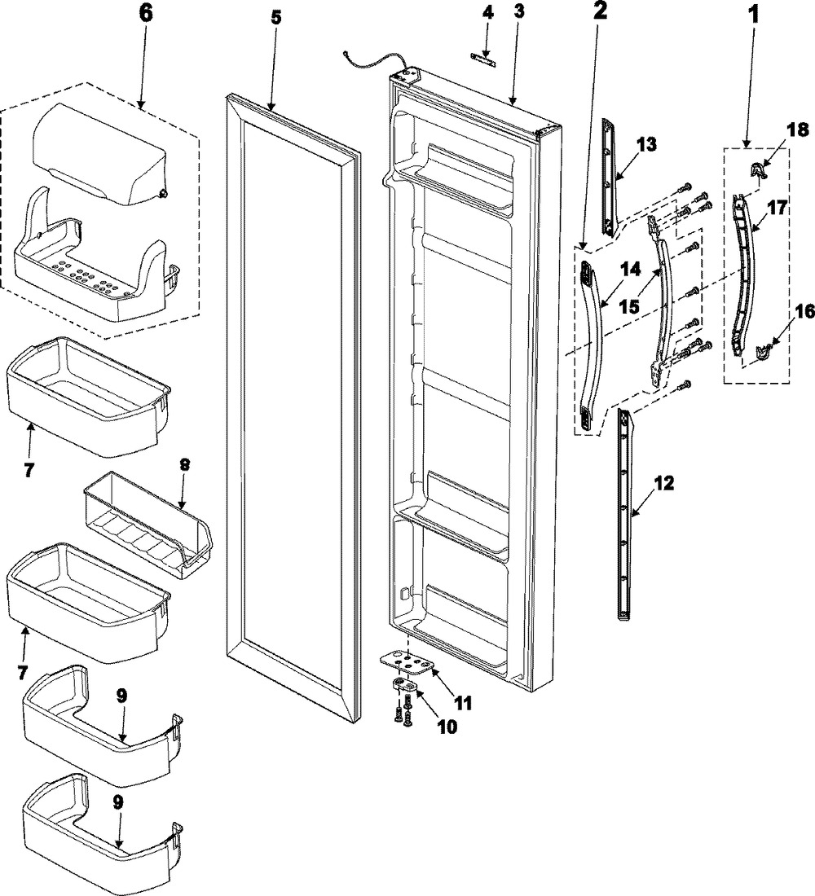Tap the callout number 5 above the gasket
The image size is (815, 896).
(275, 17)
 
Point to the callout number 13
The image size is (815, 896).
(645, 144)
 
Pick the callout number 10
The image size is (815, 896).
(446, 725)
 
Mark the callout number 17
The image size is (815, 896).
(777, 209)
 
